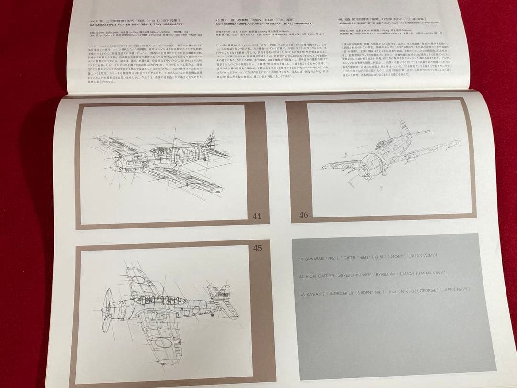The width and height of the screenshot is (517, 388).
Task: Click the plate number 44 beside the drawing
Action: coord(257,216)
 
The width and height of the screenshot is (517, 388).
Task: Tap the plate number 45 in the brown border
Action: coord(258,248)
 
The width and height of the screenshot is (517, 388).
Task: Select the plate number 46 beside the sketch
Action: coord(303,215)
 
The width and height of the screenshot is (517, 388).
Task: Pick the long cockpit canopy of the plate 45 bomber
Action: coord(153,300)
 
